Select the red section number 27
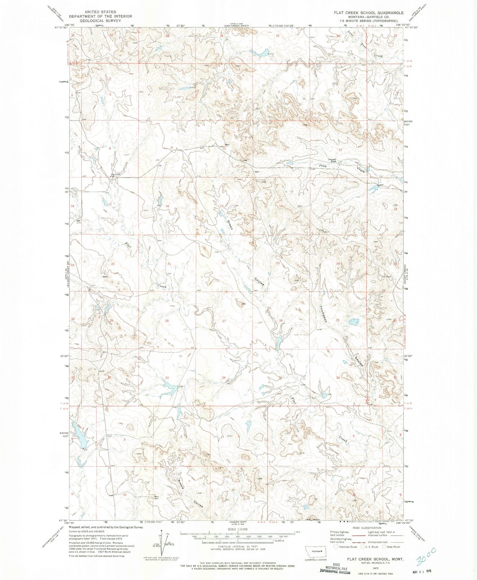click(224, 321)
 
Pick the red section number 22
click(223, 263)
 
